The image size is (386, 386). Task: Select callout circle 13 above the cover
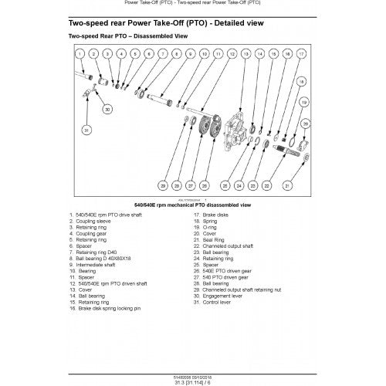(x=245, y=54)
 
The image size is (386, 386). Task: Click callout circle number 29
(x=163, y=185)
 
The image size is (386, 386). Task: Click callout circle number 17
(x=303, y=54)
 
